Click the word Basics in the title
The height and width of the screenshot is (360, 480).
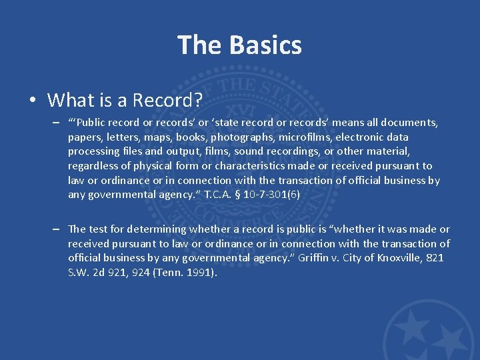pos(266,45)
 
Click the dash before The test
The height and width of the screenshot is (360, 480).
pos(59,229)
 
